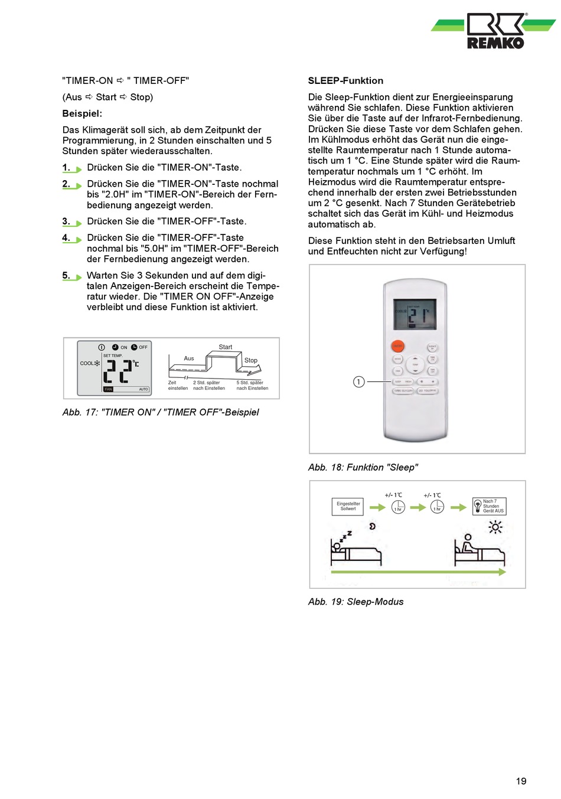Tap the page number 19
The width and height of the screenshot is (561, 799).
(521, 781)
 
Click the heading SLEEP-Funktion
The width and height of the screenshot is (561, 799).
(345, 81)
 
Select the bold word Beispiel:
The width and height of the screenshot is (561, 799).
(82, 113)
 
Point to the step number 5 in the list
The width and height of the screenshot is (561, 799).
(66, 275)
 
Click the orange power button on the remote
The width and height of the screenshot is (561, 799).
(398, 347)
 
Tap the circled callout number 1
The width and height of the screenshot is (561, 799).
(358, 381)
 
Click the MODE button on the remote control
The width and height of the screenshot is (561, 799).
(398, 359)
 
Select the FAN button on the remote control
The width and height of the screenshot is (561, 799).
(398, 371)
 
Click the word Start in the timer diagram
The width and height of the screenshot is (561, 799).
(226, 347)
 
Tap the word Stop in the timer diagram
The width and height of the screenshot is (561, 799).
(251, 360)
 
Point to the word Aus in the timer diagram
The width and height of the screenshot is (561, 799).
(189, 358)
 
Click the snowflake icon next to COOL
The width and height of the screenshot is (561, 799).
(97, 363)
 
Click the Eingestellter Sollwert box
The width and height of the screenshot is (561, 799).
(348, 506)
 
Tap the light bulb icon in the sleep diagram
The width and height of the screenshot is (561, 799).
(478, 506)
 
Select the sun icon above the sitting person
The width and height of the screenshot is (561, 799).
(495, 526)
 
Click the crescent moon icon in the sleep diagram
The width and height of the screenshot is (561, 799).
(373, 526)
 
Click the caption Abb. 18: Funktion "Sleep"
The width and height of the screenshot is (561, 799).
(363, 467)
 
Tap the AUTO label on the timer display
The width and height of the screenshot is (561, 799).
(143, 389)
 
